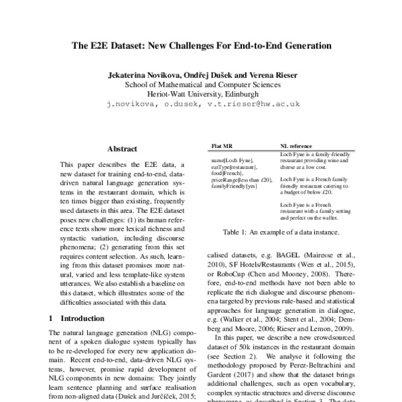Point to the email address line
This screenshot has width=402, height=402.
(202, 105)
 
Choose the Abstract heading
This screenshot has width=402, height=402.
(122, 148)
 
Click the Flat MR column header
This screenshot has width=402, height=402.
(222, 145)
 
